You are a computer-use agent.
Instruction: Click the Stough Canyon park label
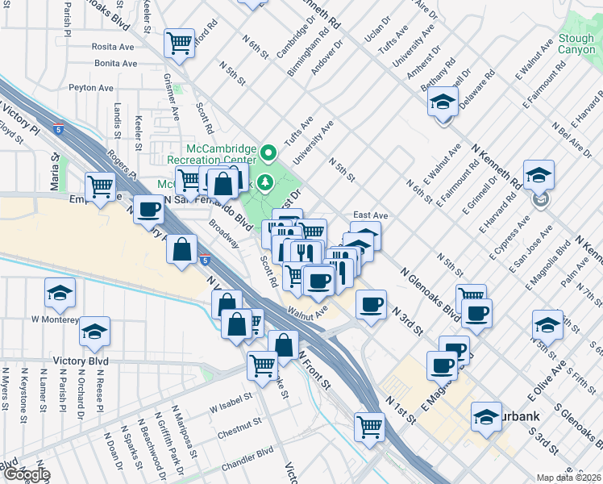[x=577, y=44]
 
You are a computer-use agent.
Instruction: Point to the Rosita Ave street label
[x=114, y=47]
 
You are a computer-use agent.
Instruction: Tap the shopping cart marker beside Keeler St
[x=180, y=42]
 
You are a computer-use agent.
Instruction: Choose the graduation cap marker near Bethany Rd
[x=443, y=103]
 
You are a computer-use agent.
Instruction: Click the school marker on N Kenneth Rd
[x=539, y=174]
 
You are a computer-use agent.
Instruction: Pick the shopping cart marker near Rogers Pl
[x=100, y=187]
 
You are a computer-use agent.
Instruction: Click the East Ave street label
[x=372, y=216]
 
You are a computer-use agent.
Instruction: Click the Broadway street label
[x=224, y=232]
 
